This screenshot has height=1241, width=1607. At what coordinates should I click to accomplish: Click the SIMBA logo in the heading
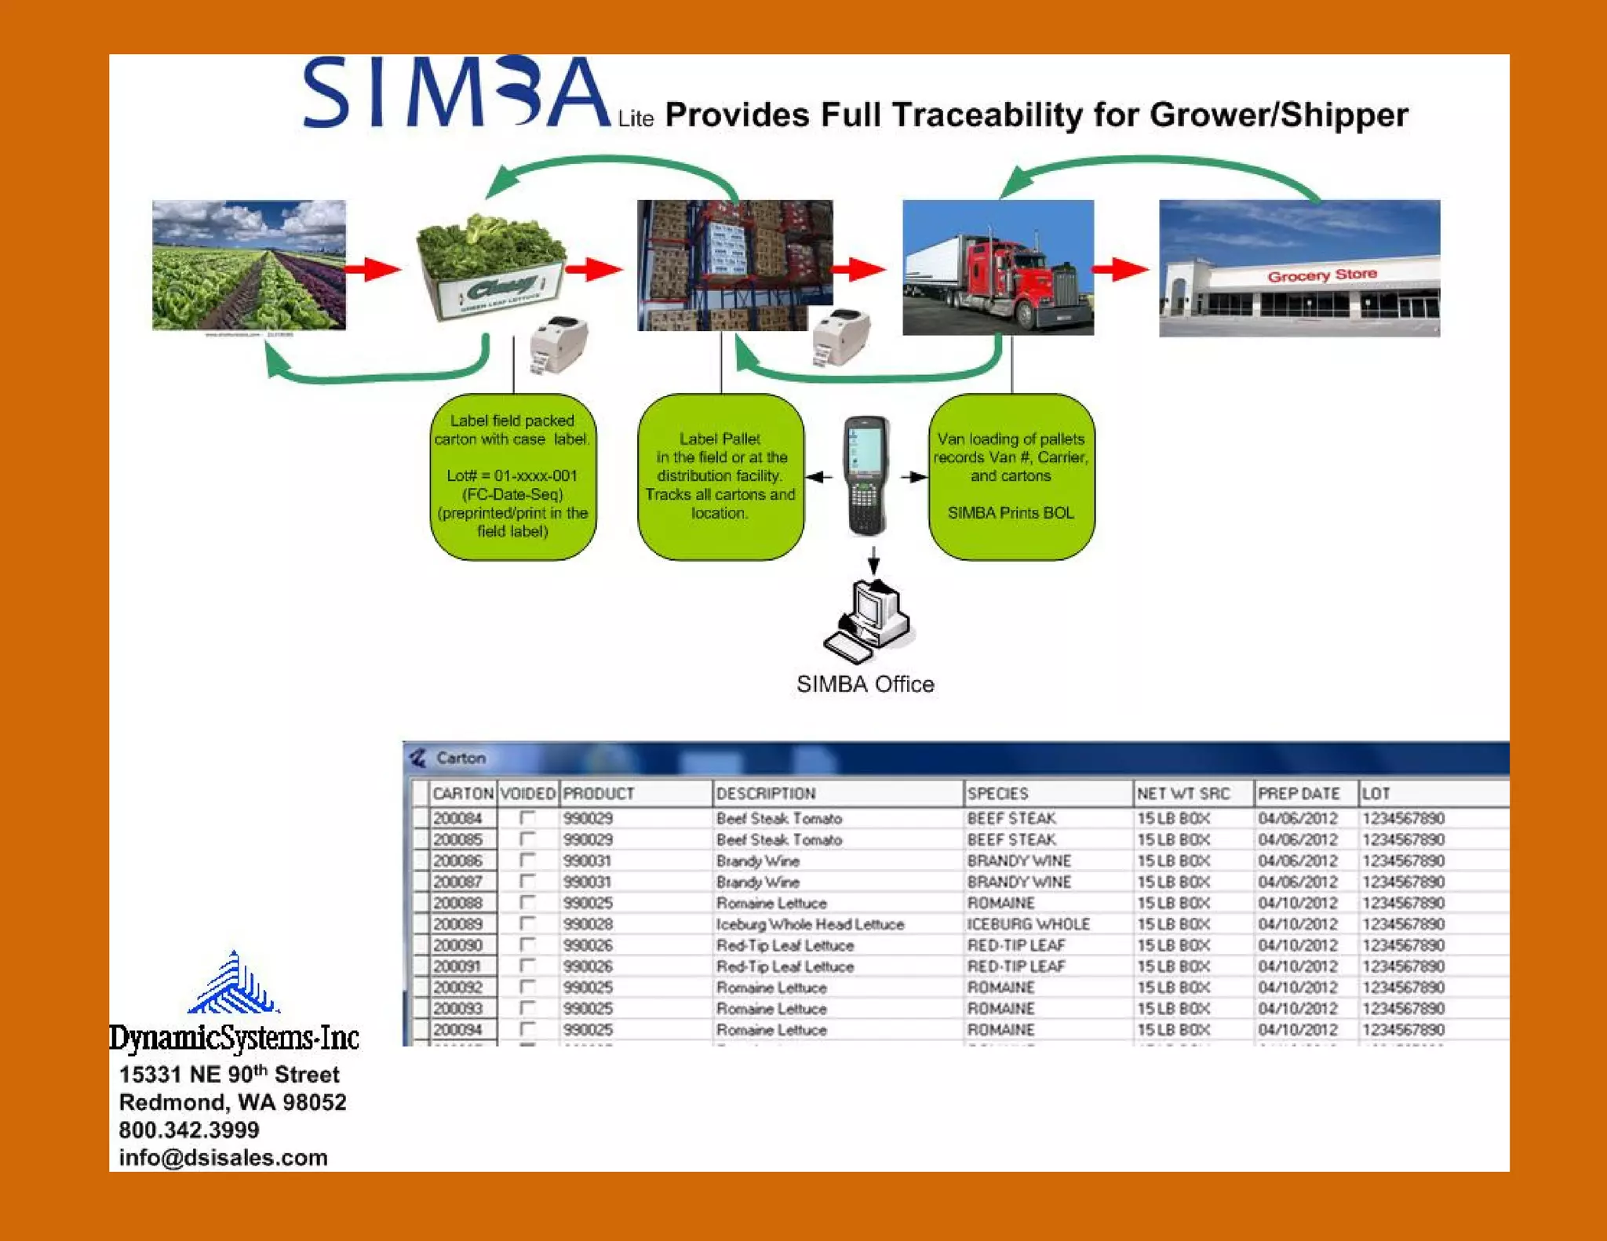pyautogui.click(x=455, y=93)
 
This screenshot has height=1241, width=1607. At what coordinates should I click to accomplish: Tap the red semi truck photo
pyautogui.click(x=997, y=268)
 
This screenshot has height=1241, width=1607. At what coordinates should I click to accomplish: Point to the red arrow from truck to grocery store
pyautogui.click(x=1120, y=269)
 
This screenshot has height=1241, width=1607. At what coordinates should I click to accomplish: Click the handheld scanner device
pyautogui.click(x=865, y=475)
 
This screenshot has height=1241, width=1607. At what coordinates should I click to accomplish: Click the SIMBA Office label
pyautogui.click(x=865, y=684)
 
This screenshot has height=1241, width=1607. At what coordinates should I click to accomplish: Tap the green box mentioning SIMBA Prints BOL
pyautogui.click(x=1011, y=477)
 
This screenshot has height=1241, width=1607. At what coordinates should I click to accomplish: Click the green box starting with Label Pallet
pyautogui.click(x=720, y=477)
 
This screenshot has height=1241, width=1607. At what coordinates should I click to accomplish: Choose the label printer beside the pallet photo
pyautogui.click(x=840, y=338)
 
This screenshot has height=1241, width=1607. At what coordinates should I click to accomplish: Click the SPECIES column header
pyautogui.click(x=997, y=793)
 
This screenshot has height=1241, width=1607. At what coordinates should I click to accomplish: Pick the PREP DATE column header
pyautogui.click(x=1298, y=793)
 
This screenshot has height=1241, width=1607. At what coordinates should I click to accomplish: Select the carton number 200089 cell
pyautogui.click(x=458, y=924)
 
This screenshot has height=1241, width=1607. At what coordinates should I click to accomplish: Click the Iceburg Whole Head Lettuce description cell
pyautogui.click(x=810, y=924)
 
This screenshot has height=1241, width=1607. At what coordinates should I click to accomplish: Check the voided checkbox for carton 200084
pyautogui.click(x=527, y=818)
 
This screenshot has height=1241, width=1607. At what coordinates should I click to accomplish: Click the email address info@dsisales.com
pyautogui.click(x=223, y=1158)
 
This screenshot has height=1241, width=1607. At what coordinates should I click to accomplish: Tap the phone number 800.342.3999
pyautogui.click(x=188, y=1130)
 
